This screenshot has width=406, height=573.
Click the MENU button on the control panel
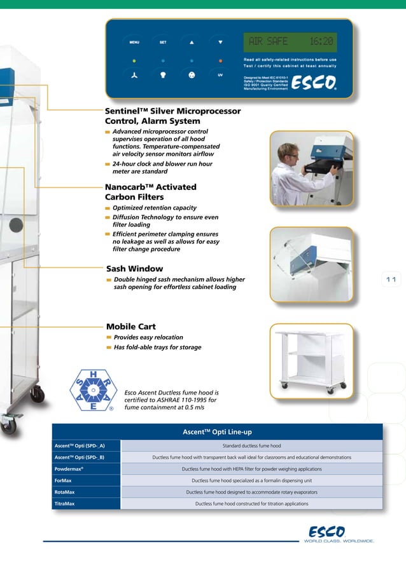(134, 42)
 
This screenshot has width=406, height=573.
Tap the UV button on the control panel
(220, 75)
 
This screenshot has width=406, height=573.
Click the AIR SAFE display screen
(290, 42)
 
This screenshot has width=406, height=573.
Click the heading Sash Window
(134, 269)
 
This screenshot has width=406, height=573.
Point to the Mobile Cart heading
(130, 327)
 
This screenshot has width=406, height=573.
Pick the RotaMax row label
(64, 492)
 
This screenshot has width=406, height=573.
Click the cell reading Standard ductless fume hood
(251, 446)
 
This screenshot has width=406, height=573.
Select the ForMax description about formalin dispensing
(251, 480)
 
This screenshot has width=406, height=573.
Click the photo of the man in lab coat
(311, 168)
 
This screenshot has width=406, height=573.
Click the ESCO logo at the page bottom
(327, 531)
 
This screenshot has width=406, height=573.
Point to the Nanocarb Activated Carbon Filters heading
(150, 192)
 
